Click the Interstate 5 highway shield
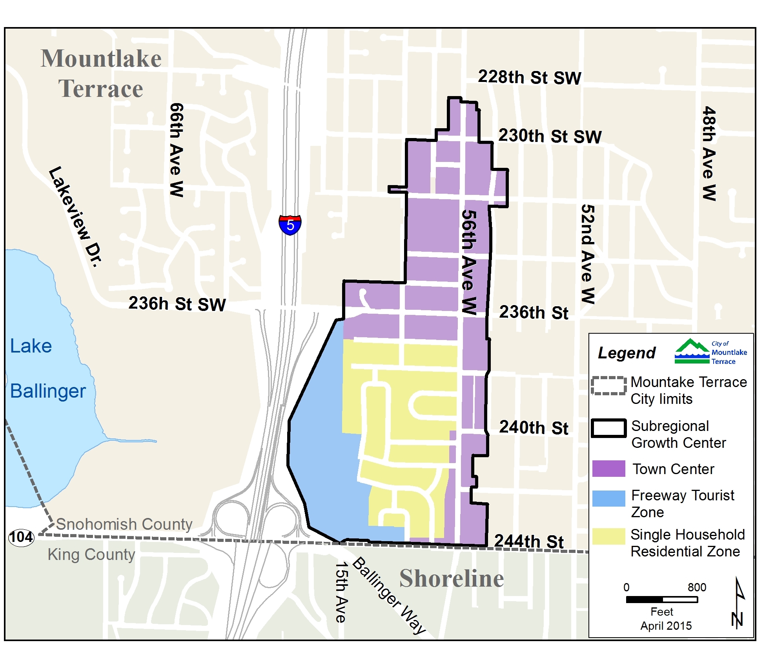click(290, 225)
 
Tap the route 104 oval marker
click(21, 537)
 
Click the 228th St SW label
click(529, 77)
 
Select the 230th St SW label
click(550, 136)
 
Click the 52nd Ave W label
click(587, 254)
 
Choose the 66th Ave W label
click(176, 150)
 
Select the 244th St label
click(528, 542)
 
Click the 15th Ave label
click(341, 592)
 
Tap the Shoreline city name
click(451, 578)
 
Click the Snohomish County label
click(124, 524)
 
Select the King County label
click(91, 554)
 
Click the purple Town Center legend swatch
click(608, 469)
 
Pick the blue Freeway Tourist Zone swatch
click(608, 498)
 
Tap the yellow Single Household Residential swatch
click(608, 536)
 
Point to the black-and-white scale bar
click(661, 600)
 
